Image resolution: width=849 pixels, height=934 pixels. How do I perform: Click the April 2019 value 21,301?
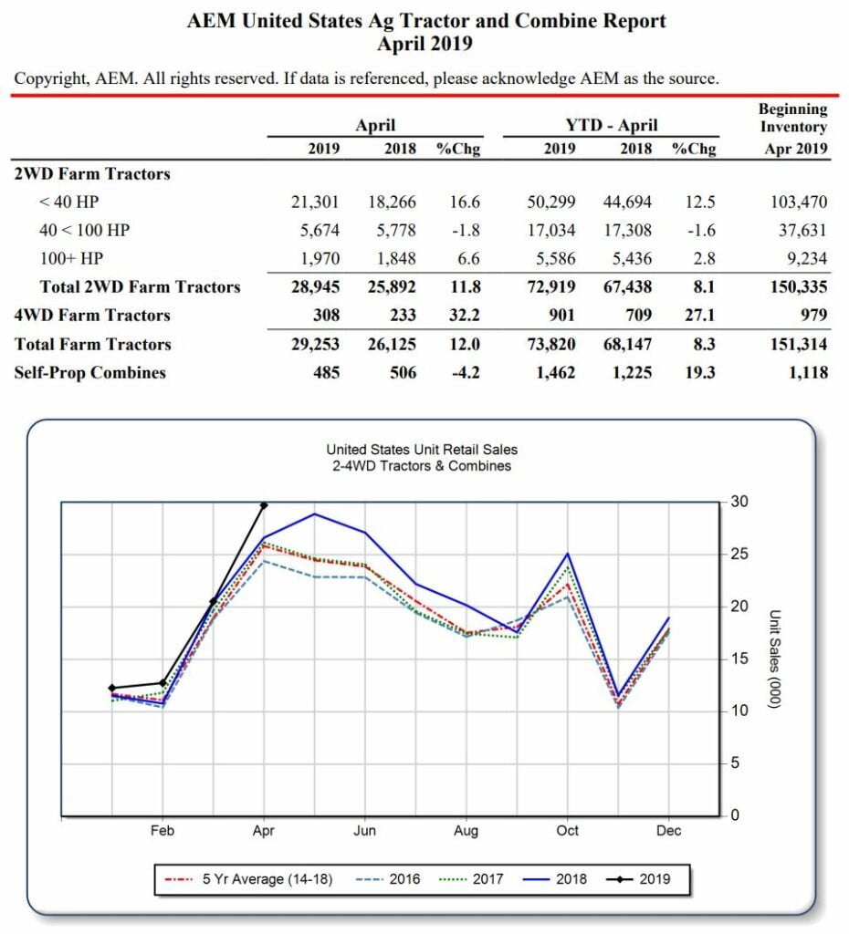[315, 202]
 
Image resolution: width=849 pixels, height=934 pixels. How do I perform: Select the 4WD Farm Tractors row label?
[92, 316]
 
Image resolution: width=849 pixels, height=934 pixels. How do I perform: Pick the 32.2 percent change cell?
[463, 316]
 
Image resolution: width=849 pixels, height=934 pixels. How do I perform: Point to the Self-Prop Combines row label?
[89, 372]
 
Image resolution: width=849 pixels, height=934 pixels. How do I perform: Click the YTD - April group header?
[611, 126]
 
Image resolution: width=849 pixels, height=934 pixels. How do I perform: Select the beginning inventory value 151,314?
[799, 344]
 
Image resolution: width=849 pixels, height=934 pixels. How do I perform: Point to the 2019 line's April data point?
[264, 504]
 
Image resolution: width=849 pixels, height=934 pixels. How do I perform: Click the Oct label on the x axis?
[567, 831]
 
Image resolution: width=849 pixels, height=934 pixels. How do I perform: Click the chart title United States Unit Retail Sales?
[421, 450]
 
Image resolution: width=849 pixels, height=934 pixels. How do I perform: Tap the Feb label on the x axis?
[162, 831]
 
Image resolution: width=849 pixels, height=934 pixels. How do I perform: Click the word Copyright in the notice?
[51, 78]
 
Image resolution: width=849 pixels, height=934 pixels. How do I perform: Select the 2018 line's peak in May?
[315, 514]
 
